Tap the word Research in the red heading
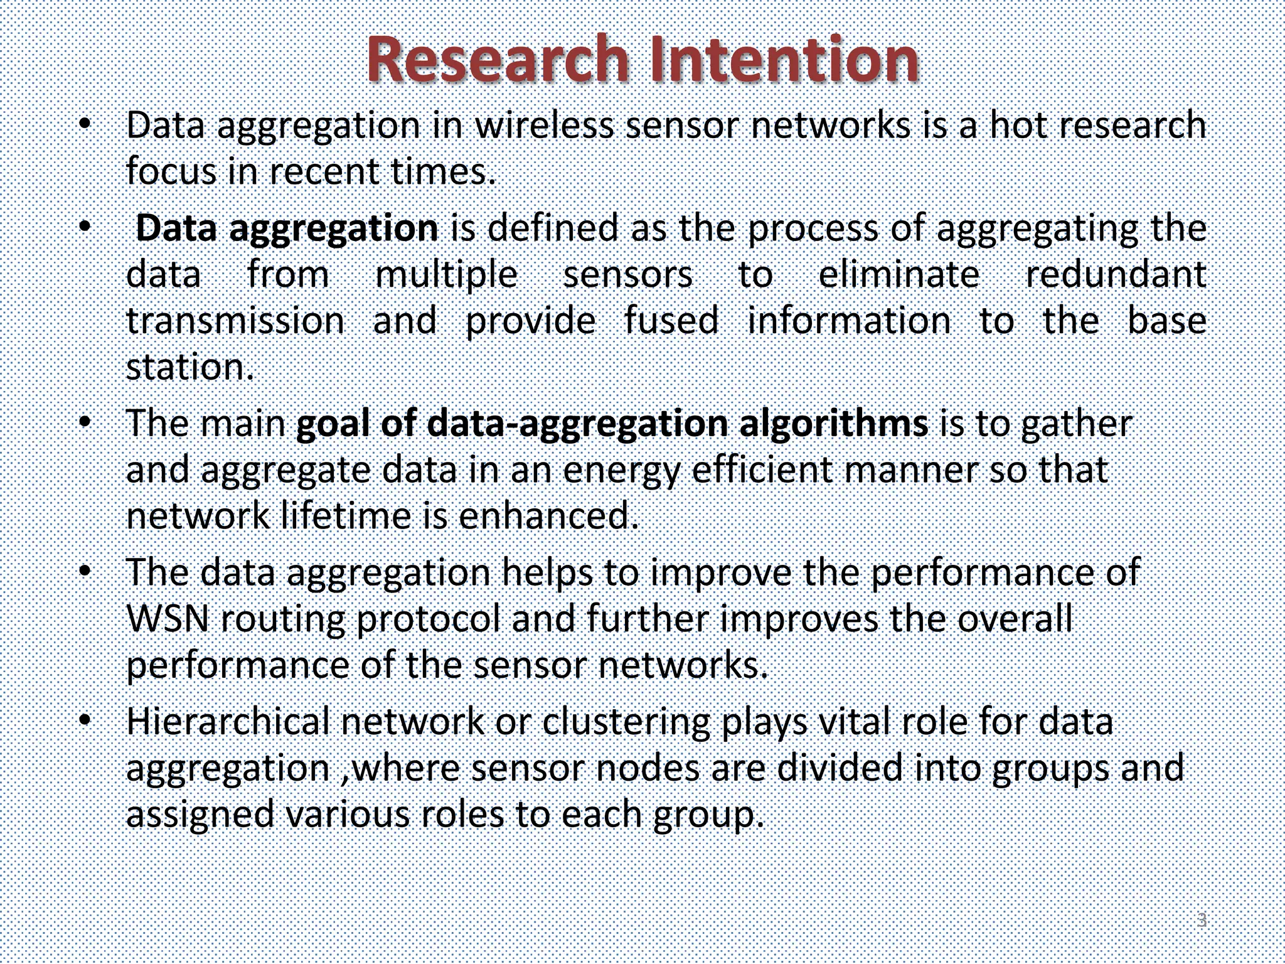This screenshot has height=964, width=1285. pyautogui.click(x=497, y=60)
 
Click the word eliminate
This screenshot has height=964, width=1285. pyautogui.click(x=898, y=275)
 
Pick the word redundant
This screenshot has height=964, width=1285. pyautogui.click(x=1116, y=275)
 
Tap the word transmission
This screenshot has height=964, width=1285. pyautogui.click(x=235, y=321)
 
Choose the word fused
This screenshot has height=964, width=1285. pyautogui.click(x=671, y=321)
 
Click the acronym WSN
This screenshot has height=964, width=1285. pyautogui.click(x=168, y=619)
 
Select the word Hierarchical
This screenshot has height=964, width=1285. pyautogui.click(x=228, y=722)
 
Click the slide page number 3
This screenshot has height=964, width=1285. pyautogui.click(x=1202, y=920)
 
